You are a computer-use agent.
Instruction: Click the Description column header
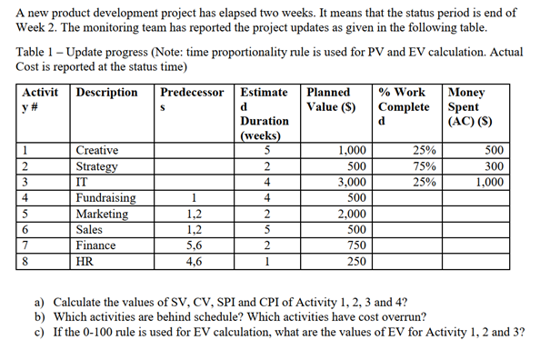pos(107,93)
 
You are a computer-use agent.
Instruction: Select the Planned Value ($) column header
pos(333,99)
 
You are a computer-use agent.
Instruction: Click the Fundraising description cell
pos(106,198)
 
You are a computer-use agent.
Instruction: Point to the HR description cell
pos(89,261)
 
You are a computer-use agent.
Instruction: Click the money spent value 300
pos(492,166)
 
